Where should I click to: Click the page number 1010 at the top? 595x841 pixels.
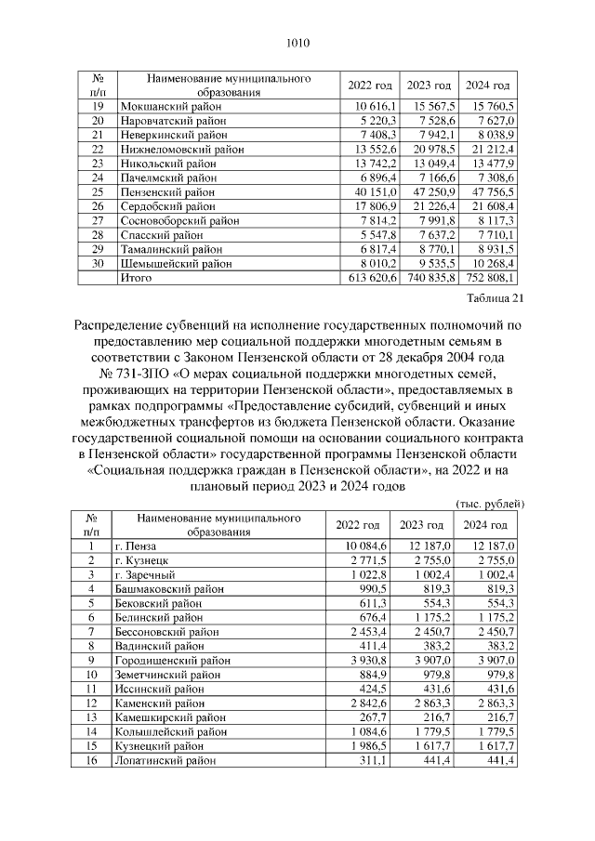297,42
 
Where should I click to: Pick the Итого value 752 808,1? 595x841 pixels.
489,277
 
